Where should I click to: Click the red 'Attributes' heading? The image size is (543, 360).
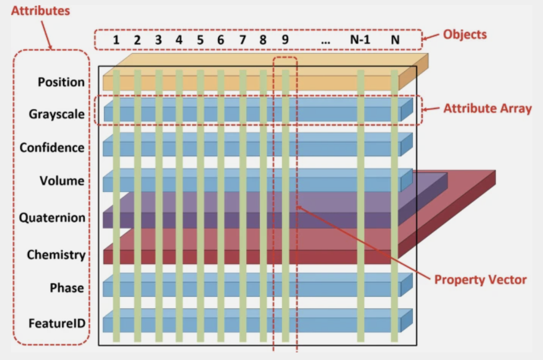(x=41, y=11)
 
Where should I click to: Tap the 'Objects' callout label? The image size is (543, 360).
(x=465, y=35)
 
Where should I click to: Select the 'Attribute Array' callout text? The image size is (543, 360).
(x=488, y=108)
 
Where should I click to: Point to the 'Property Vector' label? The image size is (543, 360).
(x=480, y=280)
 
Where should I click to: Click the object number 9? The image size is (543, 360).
(x=285, y=39)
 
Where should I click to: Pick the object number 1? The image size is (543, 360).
(x=116, y=40)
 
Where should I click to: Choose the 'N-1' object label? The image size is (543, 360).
(x=360, y=39)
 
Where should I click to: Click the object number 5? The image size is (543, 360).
(x=200, y=40)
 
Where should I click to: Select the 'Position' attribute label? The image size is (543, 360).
(x=61, y=82)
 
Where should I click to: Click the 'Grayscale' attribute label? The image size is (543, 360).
(x=57, y=114)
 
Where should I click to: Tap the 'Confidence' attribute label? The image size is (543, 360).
(x=52, y=147)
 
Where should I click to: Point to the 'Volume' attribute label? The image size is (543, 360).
(x=62, y=181)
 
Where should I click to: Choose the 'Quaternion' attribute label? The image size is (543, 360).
(x=52, y=218)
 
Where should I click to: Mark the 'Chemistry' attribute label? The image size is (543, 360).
(x=56, y=255)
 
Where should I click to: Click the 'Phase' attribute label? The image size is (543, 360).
(x=67, y=288)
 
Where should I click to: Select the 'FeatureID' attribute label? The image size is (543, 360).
(x=57, y=323)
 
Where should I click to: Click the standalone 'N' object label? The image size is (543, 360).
(x=395, y=39)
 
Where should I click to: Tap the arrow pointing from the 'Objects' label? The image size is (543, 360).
(x=430, y=37)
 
